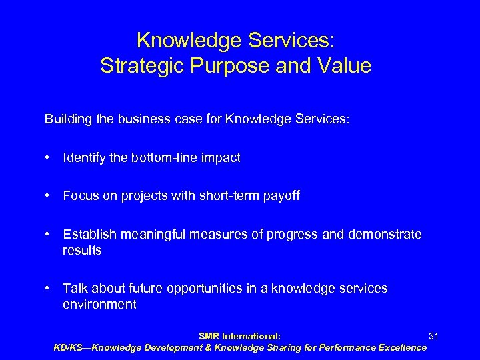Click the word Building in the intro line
[65, 120]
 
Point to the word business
[130, 120]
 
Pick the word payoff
[282, 195]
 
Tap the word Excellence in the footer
[399, 347]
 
